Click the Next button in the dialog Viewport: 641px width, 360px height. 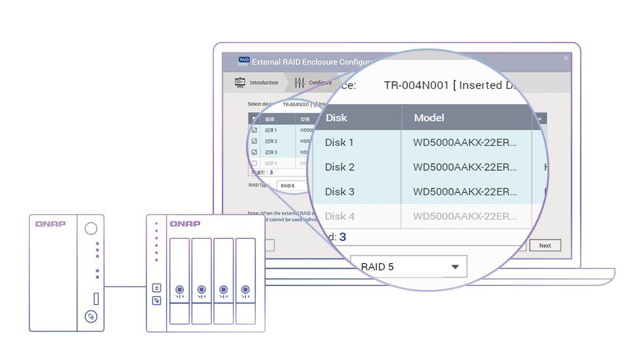tap(545, 245)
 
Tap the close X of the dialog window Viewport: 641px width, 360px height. tap(566, 58)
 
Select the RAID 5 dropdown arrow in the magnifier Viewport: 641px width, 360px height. tap(455, 267)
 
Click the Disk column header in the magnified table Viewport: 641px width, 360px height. tap(336, 118)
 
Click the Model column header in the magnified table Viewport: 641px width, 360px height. tap(429, 118)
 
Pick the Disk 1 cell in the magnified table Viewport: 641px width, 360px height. tap(339, 142)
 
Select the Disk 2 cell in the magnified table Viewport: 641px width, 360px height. tap(339, 167)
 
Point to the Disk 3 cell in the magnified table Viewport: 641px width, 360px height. tap(339, 192)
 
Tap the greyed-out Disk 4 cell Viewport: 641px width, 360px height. tap(339, 216)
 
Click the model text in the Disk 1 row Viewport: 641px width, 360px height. tap(465, 142)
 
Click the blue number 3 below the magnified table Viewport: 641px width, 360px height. tap(343, 237)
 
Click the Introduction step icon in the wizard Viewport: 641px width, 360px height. tap(240, 82)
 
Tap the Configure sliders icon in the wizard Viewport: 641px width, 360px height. tap(300, 82)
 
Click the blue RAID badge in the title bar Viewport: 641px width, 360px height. tap(243, 60)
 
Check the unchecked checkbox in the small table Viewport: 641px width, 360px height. tap(254, 163)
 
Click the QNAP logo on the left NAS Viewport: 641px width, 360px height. tap(51, 224)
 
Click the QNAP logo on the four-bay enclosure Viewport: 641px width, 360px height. tap(185, 224)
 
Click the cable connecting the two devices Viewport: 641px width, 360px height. tap(125, 287)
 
